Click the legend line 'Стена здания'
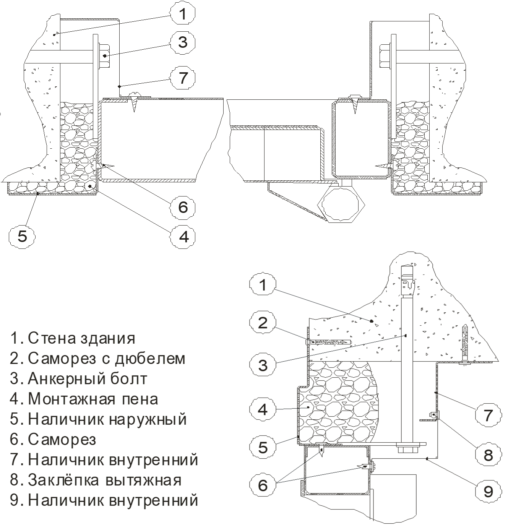[x=73, y=338]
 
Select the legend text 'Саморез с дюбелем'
[x=98, y=359]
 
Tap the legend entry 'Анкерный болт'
[x=78, y=379]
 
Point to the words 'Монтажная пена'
[x=84, y=399]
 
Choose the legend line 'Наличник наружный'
[x=98, y=419]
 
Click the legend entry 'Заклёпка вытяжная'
[x=96, y=480]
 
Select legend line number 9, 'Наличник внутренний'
[x=104, y=500]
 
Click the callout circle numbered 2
[x=263, y=323]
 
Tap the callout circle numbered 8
[x=488, y=455]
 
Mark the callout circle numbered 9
[x=488, y=490]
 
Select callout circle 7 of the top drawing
[x=183, y=78]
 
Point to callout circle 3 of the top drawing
[x=183, y=41]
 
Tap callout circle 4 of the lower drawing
[x=263, y=409]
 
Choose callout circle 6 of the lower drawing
[x=263, y=485]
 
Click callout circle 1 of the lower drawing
[x=263, y=285]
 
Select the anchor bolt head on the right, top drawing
[x=384, y=56]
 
